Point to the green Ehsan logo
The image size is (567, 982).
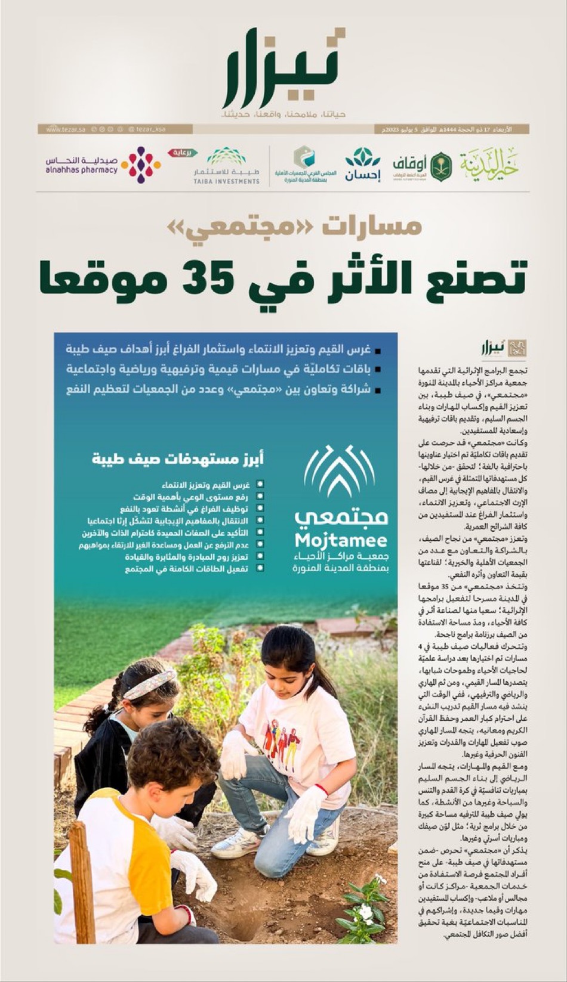[362, 165]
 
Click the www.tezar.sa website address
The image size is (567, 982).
[65, 129]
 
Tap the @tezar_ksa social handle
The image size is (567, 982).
[147, 129]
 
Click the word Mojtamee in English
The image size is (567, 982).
[341, 541]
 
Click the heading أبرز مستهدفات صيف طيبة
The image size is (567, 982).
[177, 459]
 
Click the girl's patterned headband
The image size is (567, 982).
[149, 684]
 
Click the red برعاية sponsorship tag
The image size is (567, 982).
[183, 153]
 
